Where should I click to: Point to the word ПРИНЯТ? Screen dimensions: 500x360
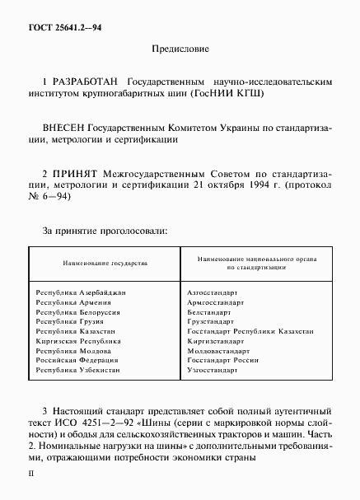(x=76, y=175)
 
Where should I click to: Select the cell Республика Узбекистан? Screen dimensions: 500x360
(x=77, y=371)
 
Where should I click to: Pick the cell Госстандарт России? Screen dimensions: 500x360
(x=223, y=362)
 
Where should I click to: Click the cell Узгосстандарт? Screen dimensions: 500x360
(x=213, y=371)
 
